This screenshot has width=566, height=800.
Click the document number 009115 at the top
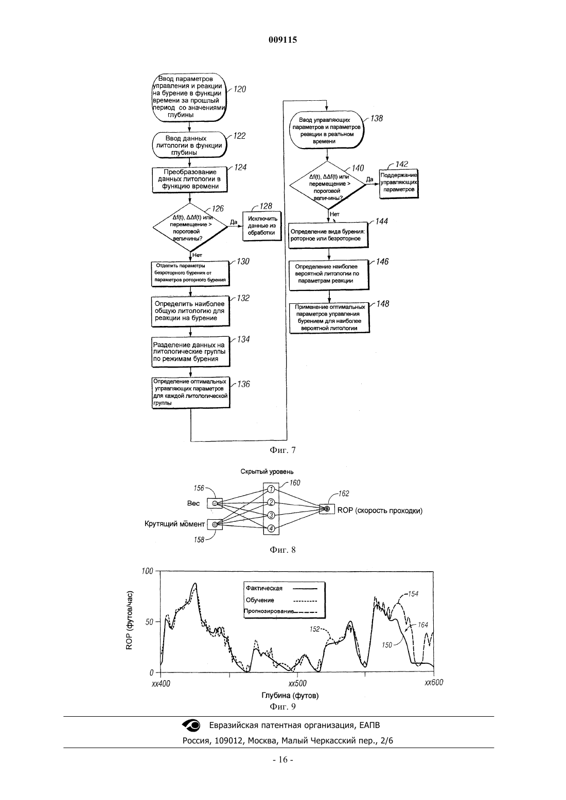pos(282,40)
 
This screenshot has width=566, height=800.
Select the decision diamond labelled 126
pos(190,227)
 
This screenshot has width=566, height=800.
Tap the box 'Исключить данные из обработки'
pos(262,226)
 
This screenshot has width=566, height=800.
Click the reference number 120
pos(240,89)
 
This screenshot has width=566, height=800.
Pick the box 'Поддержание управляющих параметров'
pos(398,183)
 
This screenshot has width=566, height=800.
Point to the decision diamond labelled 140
pos(327,185)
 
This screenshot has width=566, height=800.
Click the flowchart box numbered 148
pos(329,318)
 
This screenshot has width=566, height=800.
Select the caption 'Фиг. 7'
pos(282,450)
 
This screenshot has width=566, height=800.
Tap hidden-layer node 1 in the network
pos(271,489)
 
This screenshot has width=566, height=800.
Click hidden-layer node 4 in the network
pos(271,528)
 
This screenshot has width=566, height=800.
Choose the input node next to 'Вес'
pos(215,503)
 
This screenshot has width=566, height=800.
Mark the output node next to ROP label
pos(327,508)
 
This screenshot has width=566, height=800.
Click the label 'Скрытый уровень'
pos(267,472)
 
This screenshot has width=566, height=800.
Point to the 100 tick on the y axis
pos(147,571)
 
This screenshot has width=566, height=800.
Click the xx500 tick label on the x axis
pos(297,683)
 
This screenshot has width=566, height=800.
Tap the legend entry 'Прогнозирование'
pos(269,611)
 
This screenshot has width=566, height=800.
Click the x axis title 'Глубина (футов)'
pos(290,695)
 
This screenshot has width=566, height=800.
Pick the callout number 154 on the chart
pos(413,594)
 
